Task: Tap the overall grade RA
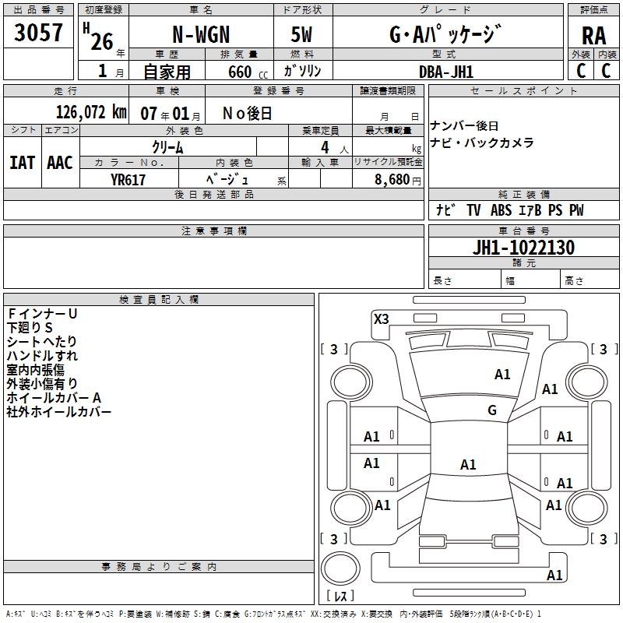pyautogui.click(x=593, y=35)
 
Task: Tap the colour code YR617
pyautogui.click(x=128, y=179)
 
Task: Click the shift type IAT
pyautogui.click(x=22, y=162)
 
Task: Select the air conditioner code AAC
pyautogui.click(x=60, y=162)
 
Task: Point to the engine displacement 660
pyautogui.click(x=239, y=72)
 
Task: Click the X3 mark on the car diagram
pyautogui.click(x=382, y=319)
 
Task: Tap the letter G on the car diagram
pyautogui.click(x=492, y=410)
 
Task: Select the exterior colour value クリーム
pyautogui.click(x=167, y=146)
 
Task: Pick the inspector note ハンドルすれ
pyautogui.click(x=42, y=355)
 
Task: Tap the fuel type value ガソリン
pyautogui.click(x=303, y=71)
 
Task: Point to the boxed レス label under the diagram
pyautogui.click(x=340, y=596)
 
